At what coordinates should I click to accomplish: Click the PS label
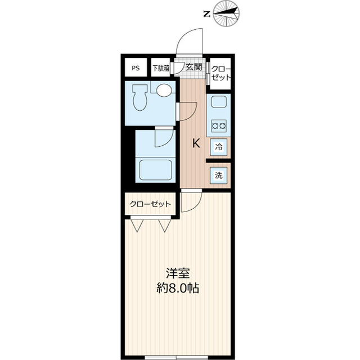136,68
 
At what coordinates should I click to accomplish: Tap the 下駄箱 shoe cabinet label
160,68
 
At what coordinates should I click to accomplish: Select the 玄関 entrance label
194,67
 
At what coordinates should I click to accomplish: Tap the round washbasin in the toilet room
164,90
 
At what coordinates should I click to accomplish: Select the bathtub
155,169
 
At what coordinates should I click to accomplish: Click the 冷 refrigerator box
219,147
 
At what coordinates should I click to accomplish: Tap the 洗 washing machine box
219,175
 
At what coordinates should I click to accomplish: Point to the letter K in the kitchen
196,143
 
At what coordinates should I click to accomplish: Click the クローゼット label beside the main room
148,204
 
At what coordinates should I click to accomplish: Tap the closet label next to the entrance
220,73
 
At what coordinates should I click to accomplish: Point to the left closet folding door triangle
137,225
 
